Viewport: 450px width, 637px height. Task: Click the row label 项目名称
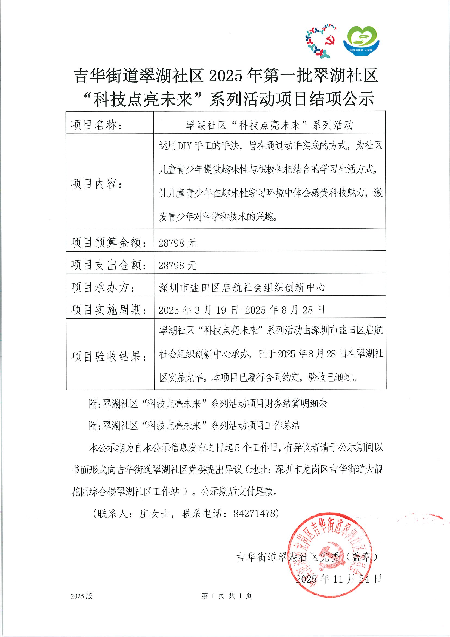click(x=97, y=125)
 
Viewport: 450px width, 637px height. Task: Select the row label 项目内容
click(x=97, y=184)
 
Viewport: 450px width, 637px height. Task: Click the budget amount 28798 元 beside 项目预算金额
click(x=177, y=243)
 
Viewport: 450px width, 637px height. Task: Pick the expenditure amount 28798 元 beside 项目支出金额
click(x=177, y=265)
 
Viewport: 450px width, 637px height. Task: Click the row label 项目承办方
click(x=103, y=287)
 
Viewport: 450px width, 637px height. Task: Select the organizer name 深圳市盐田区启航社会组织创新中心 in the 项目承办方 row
click(x=242, y=288)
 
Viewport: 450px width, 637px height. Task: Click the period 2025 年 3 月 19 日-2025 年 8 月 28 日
click(x=242, y=310)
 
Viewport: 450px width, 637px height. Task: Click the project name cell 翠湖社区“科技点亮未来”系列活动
click(x=270, y=125)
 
